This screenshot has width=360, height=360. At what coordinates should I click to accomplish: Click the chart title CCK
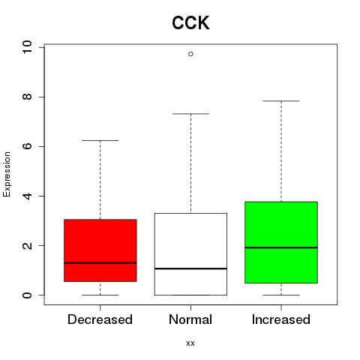(190, 23)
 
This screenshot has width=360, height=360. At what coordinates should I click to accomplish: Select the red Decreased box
(100, 250)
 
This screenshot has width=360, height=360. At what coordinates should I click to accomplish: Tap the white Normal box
(190, 254)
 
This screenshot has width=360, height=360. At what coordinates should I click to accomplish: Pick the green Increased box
(281, 242)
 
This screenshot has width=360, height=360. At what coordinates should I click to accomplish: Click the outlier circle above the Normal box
(190, 54)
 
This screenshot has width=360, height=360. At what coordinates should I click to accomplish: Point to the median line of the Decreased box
(100, 262)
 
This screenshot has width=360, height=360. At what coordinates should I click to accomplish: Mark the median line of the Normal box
(190, 268)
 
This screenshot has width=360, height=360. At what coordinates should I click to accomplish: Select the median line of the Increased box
(281, 247)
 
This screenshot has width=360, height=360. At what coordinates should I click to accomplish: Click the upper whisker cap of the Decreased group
(100, 140)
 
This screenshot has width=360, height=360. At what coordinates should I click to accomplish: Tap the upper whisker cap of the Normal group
(190, 114)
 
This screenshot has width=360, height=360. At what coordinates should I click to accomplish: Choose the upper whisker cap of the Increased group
(281, 101)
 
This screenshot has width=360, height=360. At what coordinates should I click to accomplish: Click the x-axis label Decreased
(100, 319)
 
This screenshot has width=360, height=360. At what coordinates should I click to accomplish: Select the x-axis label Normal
(190, 319)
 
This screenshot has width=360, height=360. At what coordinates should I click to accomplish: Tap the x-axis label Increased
(281, 319)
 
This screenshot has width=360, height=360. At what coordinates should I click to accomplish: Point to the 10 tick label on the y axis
(27, 47)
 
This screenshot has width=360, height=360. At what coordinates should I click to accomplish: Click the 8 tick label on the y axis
(27, 97)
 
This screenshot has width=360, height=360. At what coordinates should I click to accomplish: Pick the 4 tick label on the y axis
(27, 196)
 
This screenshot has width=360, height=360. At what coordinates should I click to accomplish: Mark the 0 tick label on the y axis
(27, 295)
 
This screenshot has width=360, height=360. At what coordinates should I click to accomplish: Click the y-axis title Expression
(7, 174)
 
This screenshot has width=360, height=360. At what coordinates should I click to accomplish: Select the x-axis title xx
(190, 343)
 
